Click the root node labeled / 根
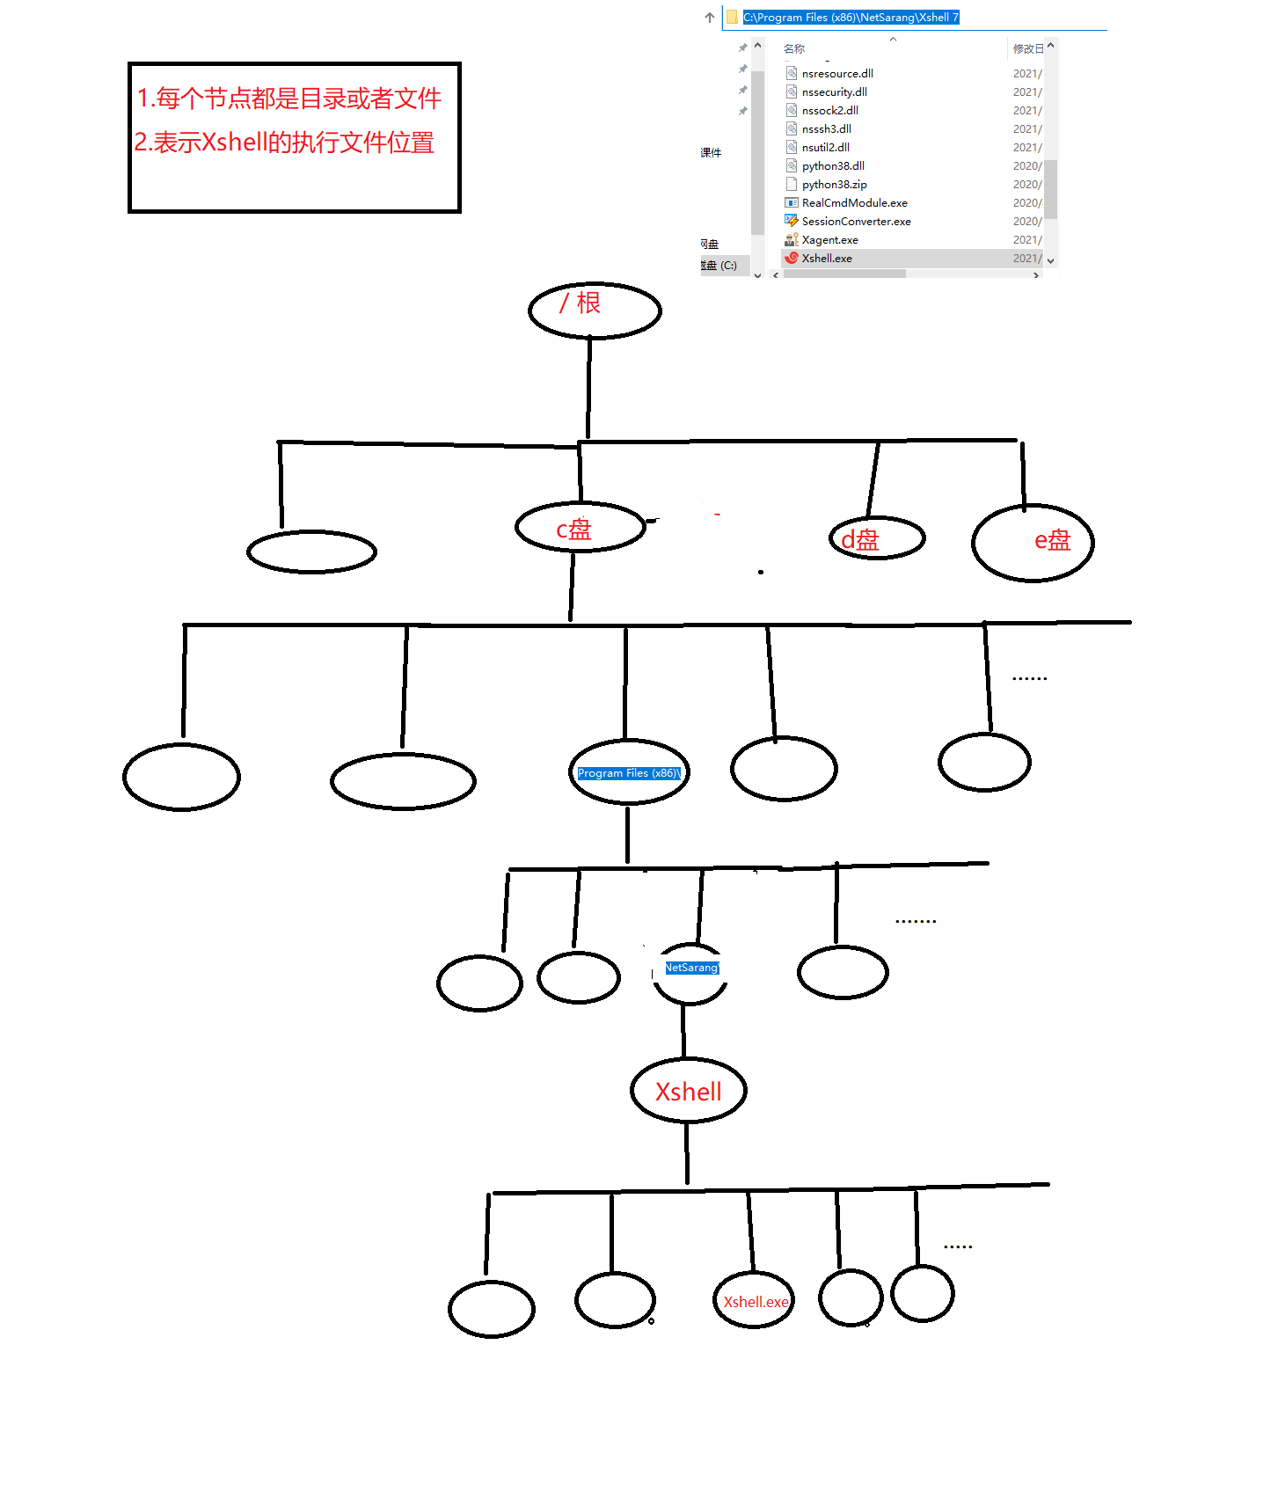(x=594, y=310)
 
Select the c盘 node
(x=580, y=527)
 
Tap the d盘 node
(x=876, y=538)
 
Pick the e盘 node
(x=1033, y=542)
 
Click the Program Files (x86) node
(x=628, y=772)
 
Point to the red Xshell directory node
(x=689, y=1091)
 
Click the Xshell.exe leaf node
(x=755, y=1301)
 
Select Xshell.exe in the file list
(x=827, y=258)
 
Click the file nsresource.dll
(x=837, y=73)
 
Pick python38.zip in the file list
(x=834, y=184)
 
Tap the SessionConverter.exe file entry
(x=856, y=221)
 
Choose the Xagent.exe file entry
(x=829, y=239)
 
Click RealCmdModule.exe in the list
(x=854, y=202)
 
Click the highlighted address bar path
(x=851, y=17)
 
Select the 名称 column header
(x=794, y=48)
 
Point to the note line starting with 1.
(x=288, y=99)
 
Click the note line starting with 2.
(x=284, y=143)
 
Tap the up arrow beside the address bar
(x=710, y=17)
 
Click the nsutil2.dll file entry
(x=825, y=147)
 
